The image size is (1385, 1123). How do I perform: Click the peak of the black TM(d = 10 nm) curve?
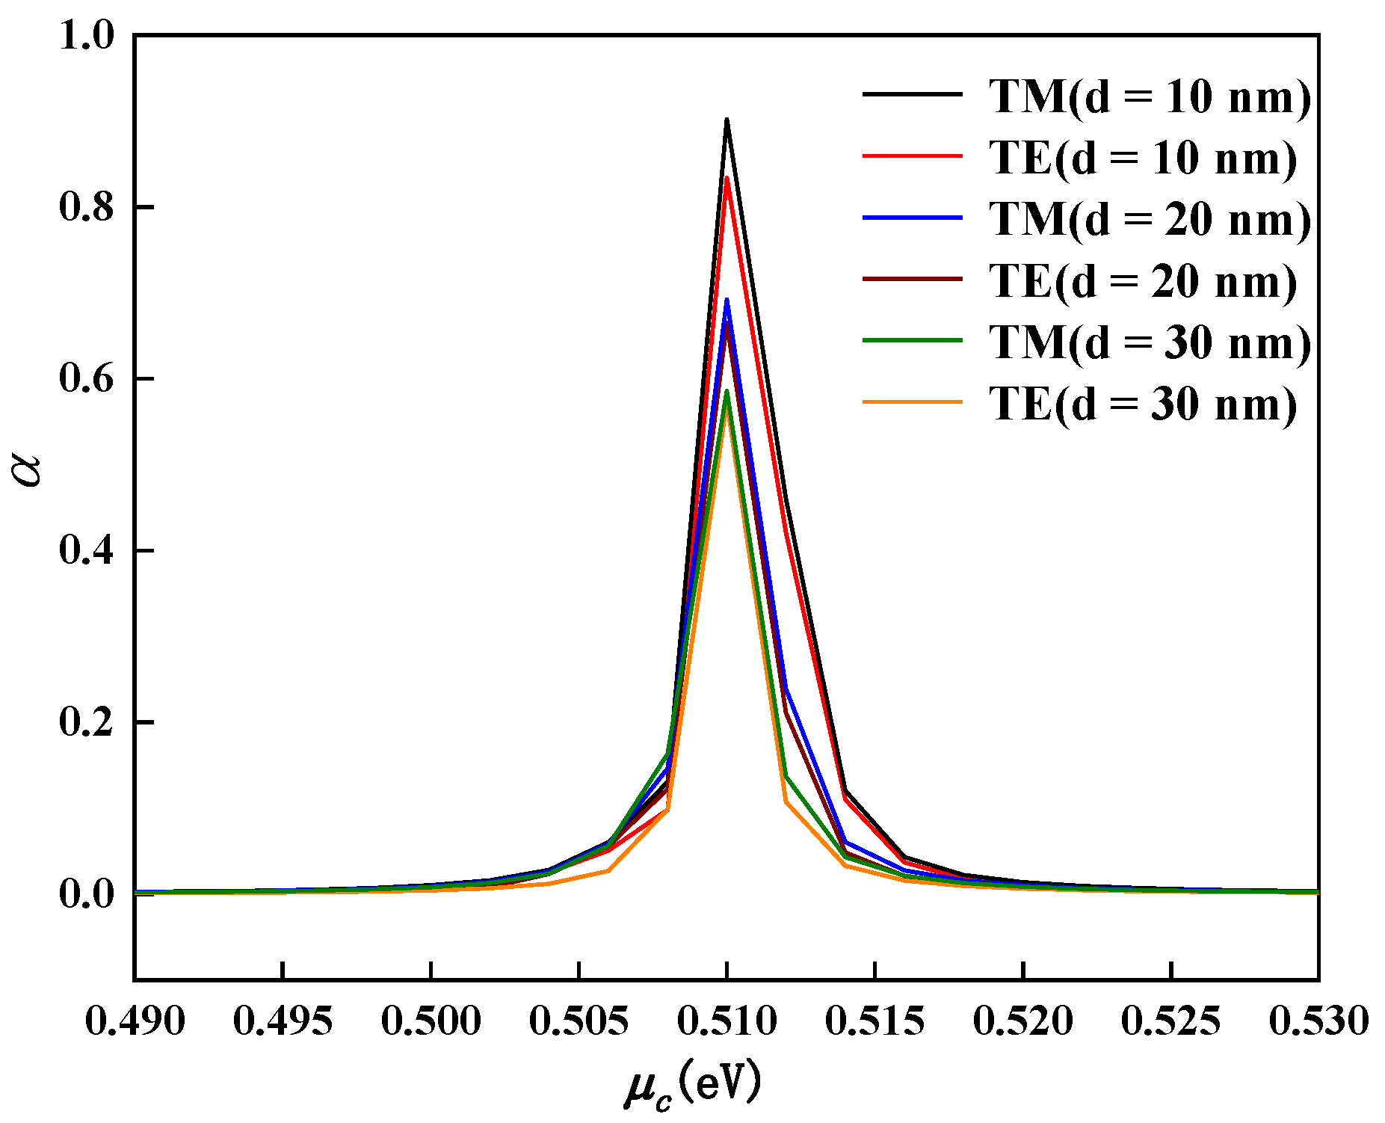[x=727, y=120]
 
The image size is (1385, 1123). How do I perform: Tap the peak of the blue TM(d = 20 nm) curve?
[x=727, y=300]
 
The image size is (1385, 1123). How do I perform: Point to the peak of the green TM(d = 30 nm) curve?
[x=727, y=392]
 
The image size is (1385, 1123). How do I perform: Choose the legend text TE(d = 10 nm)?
[x=1143, y=158]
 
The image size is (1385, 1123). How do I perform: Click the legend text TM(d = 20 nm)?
[x=1150, y=219]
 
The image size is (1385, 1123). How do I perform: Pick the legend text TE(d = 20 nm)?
[x=1143, y=281]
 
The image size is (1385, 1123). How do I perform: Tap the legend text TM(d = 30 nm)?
[x=1150, y=342]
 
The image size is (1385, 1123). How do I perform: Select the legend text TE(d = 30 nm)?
[x=1143, y=404]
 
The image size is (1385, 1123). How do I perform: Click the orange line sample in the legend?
[x=913, y=402]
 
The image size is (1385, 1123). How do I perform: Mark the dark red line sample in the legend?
[x=913, y=279]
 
